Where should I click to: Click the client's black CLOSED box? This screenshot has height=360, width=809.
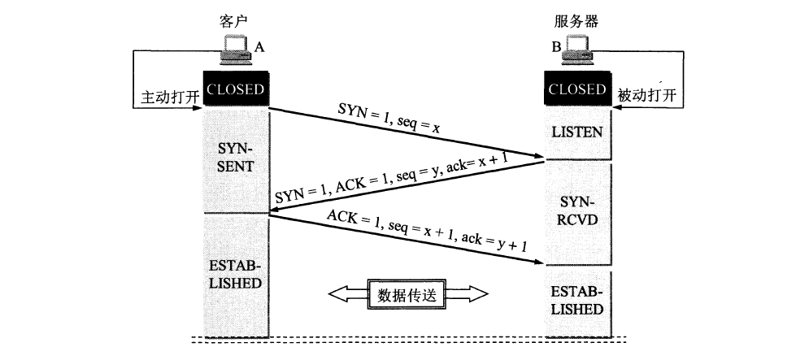(236, 89)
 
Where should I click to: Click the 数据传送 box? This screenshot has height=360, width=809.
(407, 294)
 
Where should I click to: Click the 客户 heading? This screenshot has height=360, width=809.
(234, 18)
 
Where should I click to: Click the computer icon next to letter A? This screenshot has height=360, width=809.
(236, 50)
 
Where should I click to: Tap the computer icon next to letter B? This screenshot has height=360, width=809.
(578, 50)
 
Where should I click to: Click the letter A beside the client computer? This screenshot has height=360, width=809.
(259, 47)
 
